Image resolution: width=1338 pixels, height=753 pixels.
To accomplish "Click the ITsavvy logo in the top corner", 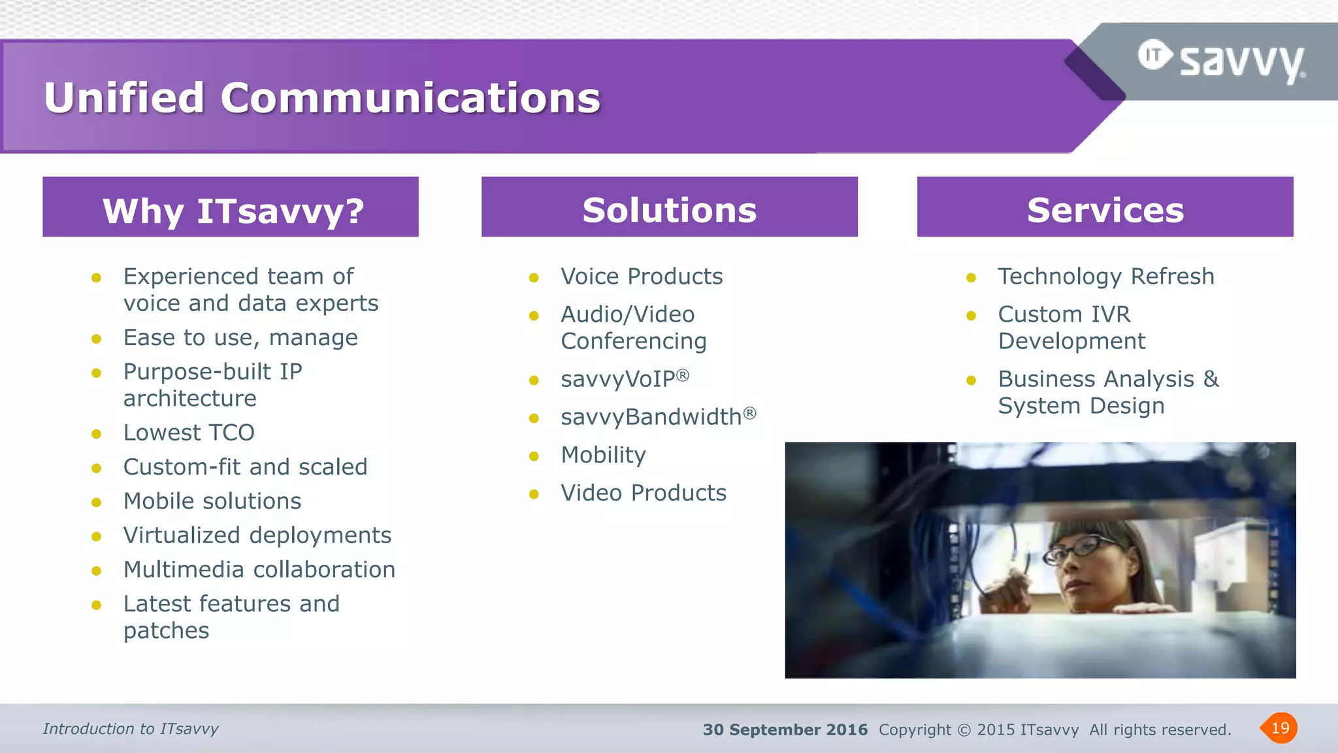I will click(x=1222, y=61).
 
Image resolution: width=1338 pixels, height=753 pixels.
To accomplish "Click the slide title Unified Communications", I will click(x=322, y=98).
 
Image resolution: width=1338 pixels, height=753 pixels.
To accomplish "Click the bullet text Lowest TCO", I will click(x=189, y=433).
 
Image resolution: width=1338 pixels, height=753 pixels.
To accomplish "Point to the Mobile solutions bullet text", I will click(x=212, y=501).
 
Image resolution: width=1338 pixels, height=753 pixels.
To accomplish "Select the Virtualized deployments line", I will click(x=257, y=535).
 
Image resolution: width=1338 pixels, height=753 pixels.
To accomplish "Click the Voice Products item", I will click(x=642, y=276).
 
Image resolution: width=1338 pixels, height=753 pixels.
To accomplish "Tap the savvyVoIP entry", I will click(x=624, y=379).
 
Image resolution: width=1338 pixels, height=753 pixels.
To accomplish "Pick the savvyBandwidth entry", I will click(x=657, y=417).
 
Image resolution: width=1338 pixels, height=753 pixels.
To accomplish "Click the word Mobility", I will click(x=603, y=455).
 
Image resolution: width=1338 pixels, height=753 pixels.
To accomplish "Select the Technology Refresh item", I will click(x=1105, y=276).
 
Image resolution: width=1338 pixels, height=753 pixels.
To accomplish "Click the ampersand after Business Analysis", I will click(x=1211, y=378).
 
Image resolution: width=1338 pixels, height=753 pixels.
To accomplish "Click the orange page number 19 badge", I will click(x=1279, y=728).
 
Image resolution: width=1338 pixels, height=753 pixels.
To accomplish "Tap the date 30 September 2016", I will click(x=785, y=729).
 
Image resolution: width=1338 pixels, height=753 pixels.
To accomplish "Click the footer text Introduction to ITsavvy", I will click(x=131, y=729).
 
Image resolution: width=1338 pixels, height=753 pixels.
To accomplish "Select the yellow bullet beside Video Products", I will click(x=534, y=494).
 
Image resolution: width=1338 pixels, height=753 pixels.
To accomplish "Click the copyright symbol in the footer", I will click(x=964, y=730).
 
